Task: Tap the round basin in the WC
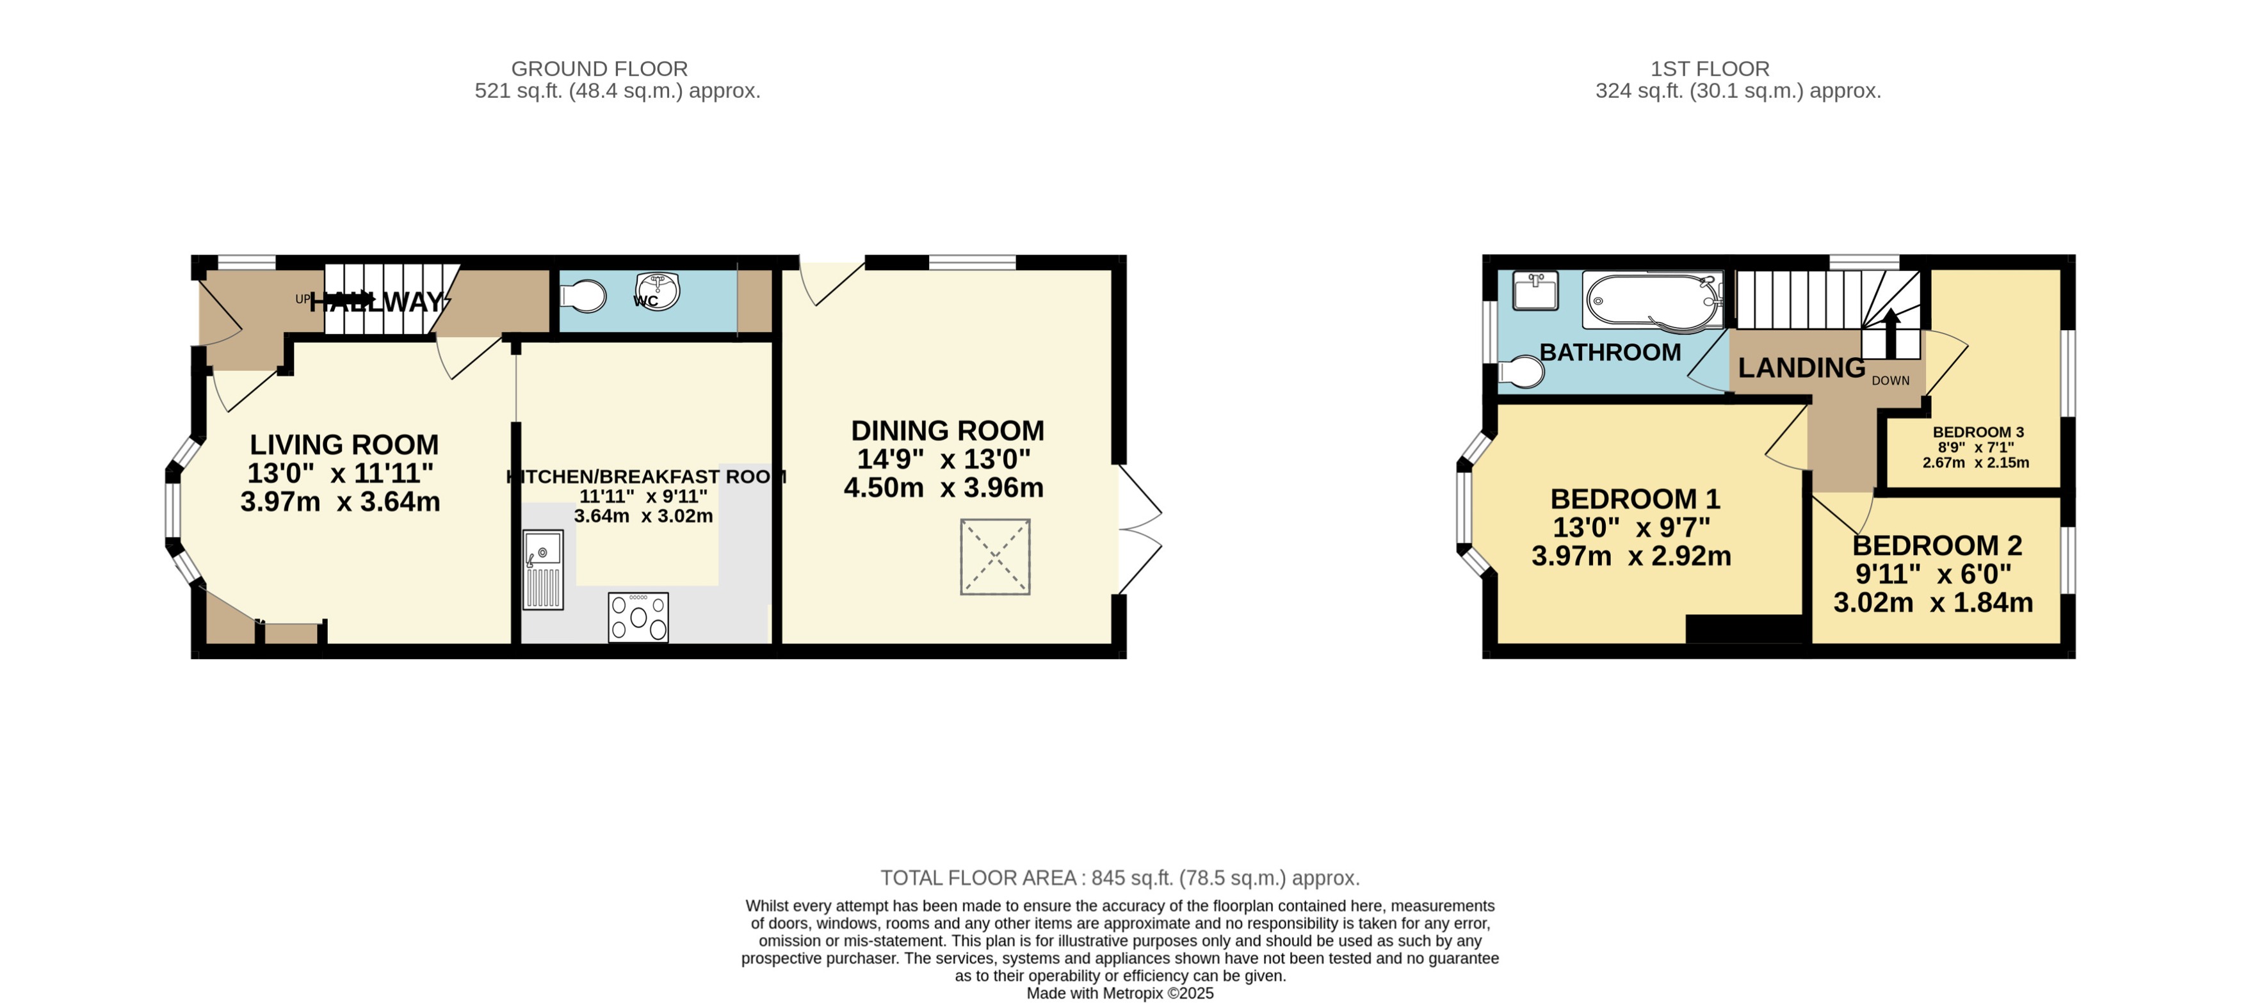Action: coord(658,291)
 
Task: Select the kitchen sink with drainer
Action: coord(543,569)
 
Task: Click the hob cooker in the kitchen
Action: coord(638,618)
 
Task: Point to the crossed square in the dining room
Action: coord(995,557)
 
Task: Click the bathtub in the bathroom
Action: coord(1651,301)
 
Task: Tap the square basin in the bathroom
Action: coord(1535,291)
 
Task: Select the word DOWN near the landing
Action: coord(1890,381)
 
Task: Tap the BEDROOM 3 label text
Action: coord(1977,432)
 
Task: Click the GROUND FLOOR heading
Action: coord(599,68)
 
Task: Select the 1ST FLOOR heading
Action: coord(1710,68)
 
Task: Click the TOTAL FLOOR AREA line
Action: coord(1120,878)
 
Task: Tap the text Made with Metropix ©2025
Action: coord(1120,993)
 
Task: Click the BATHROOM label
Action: coord(1610,352)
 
